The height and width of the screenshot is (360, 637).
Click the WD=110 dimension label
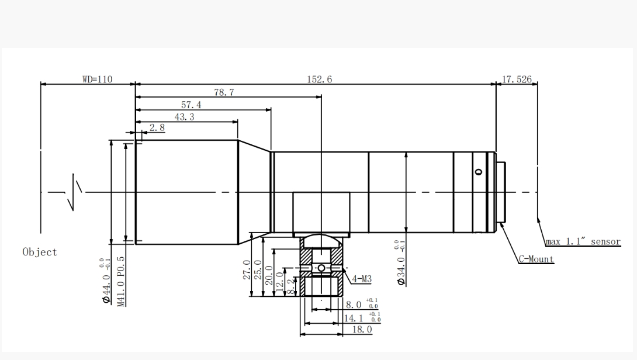pyautogui.click(x=97, y=79)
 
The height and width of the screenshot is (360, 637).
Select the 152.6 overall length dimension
pyautogui.click(x=319, y=79)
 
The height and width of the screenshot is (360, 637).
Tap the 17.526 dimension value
pyautogui.click(x=517, y=79)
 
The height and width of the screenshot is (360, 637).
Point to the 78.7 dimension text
pyautogui.click(x=224, y=92)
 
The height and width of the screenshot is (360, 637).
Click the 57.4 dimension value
pyautogui.click(x=191, y=105)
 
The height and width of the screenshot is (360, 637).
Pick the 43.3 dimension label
pyautogui.click(x=185, y=117)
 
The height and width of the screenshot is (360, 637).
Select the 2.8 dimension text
pyautogui.click(x=157, y=127)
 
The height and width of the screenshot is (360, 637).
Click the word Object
pyautogui.click(x=40, y=252)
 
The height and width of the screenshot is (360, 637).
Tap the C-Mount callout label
pyautogui.click(x=536, y=259)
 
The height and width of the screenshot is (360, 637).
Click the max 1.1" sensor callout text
pyautogui.click(x=583, y=242)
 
